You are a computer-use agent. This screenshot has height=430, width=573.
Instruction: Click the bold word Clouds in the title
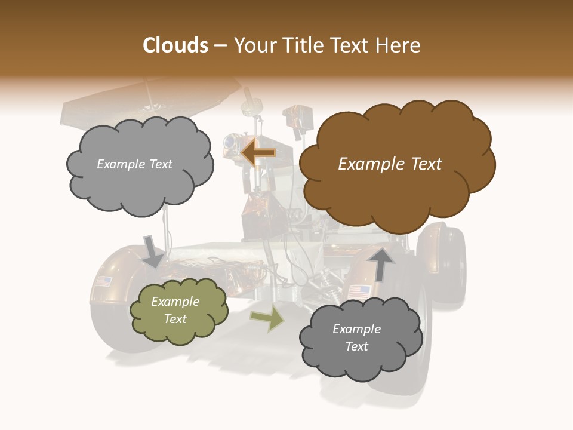pos(175,45)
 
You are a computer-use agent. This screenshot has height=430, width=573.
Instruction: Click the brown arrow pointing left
pos(258,153)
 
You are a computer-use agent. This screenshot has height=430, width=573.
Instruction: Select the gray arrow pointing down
pos(153,251)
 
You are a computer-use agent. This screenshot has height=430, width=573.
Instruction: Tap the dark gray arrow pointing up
pos(380,264)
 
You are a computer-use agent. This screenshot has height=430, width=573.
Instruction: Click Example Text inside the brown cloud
pos(390,164)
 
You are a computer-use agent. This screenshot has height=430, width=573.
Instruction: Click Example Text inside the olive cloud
pos(175,310)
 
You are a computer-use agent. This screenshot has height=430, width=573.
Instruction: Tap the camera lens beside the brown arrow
pos(229,142)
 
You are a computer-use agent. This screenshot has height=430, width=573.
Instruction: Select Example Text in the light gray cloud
pos(134,164)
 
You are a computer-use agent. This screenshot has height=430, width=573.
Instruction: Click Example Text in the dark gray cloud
pos(356,337)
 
